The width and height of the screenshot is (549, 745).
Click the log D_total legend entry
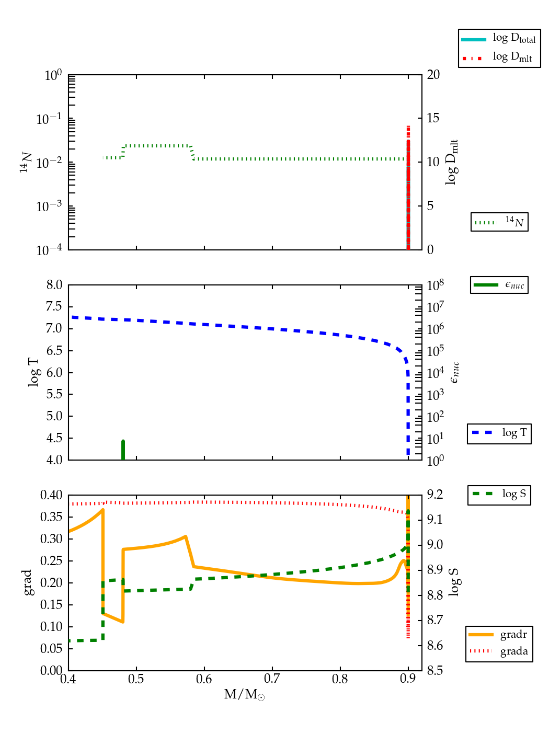[x=499, y=39]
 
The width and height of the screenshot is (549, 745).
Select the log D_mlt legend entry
[x=499, y=57]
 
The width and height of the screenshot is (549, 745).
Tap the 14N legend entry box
[x=499, y=222]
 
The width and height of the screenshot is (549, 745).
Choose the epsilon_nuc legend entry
[x=499, y=285]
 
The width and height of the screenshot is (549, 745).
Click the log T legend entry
[x=499, y=433]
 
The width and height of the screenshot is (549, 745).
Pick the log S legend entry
[x=499, y=494]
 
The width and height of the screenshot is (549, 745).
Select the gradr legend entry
[x=499, y=635]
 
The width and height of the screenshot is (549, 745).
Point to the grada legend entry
[x=499, y=651]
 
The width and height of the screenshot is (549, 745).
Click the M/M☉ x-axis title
[x=244, y=695]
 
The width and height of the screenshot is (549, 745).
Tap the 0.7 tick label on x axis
[x=272, y=679]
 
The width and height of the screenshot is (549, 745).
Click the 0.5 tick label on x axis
[x=136, y=679]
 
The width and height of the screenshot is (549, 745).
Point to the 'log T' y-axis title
[x=33, y=372]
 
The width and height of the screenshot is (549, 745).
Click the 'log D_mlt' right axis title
[x=452, y=162]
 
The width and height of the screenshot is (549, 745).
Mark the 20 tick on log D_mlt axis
[x=433, y=75]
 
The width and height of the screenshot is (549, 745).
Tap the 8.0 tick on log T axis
[x=54, y=285]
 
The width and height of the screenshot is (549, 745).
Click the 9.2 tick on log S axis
[x=435, y=495]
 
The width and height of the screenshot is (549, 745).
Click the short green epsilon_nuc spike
[x=123, y=450]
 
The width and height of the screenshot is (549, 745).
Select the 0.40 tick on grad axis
[x=51, y=495]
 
